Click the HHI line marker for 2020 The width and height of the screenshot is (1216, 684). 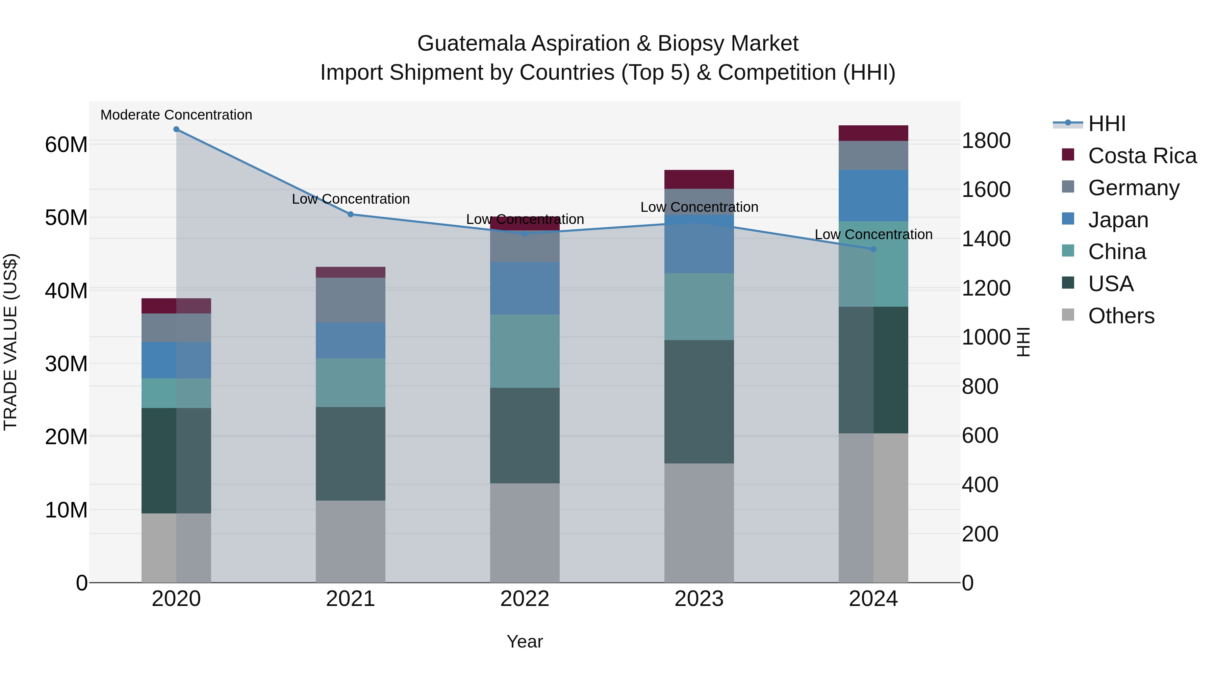(x=176, y=129)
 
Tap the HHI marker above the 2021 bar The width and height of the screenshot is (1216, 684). (x=351, y=214)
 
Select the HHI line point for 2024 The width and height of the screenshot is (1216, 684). (x=873, y=249)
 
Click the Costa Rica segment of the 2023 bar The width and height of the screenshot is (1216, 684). (x=699, y=179)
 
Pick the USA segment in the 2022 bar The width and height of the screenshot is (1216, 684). (x=525, y=435)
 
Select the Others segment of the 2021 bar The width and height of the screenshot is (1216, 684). (x=351, y=541)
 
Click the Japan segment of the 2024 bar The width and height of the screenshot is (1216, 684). (x=873, y=196)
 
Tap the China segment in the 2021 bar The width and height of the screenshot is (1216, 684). (x=351, y=382)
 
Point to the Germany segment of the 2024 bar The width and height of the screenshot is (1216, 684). (x=873, y=155)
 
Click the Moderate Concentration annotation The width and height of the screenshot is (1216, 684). (x=176, y=115)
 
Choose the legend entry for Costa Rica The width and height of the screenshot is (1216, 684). (x=1142, y=156)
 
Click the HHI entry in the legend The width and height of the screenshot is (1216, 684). (x=1107, y=124)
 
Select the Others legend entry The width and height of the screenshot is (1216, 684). (x=1121, y=316)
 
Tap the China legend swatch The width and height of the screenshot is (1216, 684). (x=1068, y=251)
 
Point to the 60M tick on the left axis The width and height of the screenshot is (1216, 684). (x=66, y=145)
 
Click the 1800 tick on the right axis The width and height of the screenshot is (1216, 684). (x=986, y=141)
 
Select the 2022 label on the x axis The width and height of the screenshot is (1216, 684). (x=525, y=599)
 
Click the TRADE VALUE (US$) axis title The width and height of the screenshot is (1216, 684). (x=10, y=342)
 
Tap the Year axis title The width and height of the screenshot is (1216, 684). (x=525, y=641)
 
